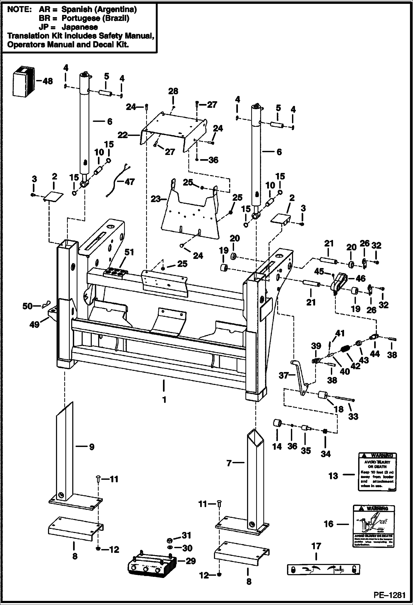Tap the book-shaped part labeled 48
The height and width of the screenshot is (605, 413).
23,82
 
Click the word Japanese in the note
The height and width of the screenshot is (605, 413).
80,27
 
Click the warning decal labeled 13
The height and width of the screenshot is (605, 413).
377,475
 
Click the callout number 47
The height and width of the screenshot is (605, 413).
130,182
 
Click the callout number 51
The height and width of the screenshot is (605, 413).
129,252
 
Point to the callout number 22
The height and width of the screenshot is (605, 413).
123,135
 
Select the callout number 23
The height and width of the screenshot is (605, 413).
156,199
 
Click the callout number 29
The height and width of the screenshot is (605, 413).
191,561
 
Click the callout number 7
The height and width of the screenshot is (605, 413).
229,463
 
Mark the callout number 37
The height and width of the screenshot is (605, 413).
283,375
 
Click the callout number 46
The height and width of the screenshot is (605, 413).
361,279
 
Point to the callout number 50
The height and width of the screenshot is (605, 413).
28,306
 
